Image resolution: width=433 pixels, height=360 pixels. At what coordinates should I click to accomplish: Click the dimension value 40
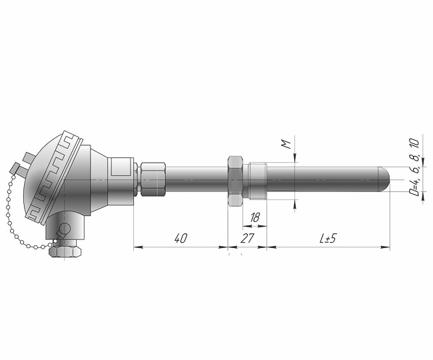(x=181, y=238)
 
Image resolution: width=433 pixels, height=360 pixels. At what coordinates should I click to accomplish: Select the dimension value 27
(x=247, y=238)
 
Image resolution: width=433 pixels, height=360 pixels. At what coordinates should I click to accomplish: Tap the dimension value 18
(x=255, y=218)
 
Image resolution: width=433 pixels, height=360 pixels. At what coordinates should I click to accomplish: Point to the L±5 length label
(x=328, y=238)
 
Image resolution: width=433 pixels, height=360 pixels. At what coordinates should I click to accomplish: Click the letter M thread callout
(x=287, y=144)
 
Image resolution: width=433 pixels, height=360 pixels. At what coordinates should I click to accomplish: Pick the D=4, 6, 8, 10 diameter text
(x=414, y=167)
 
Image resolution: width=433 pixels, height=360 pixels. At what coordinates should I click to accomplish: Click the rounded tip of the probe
(x=386, y=179)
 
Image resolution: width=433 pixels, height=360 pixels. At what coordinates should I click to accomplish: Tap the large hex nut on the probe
(x=235, y=181)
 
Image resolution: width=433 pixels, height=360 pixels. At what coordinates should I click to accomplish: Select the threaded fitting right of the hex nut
(x=257, y=181)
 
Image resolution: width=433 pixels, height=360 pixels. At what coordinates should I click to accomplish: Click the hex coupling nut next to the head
(x=153, y=179)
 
